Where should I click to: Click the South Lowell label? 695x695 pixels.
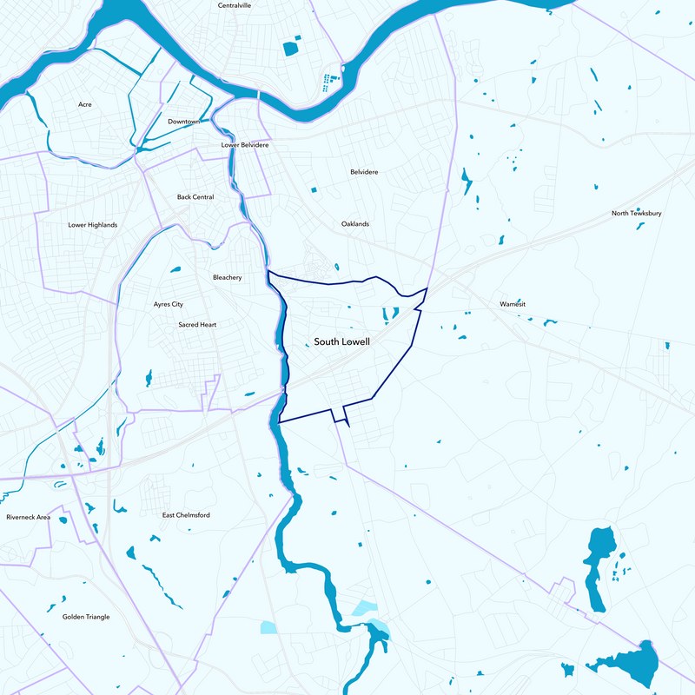pyautogui.click(x=341, y=342)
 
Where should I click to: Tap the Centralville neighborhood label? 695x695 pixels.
pyautogui.click(x=235, y=5)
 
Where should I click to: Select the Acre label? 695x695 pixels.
pyautogui.click(x=84, y=104)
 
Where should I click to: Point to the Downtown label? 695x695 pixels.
pyautogui.click(x=184, y=122)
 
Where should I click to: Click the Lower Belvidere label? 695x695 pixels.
pyautogui.click(x=245, y=145)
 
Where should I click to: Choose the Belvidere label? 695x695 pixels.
pyautogui.click(x=364, y=172)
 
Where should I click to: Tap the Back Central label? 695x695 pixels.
pyautogui.click(x=195, y=197)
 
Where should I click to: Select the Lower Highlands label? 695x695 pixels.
pyautogui.click(x=92, y=225)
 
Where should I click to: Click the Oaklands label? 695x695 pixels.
pyautogui.click(x=354, y=224)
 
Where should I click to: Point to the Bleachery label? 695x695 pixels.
pyautogui.click(x=227, y=278)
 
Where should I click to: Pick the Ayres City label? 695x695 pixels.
pyautogui.click(x=169, y=305)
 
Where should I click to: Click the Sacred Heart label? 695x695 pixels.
pyautogui.click(x=197, y=325)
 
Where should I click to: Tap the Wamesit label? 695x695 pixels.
pyautogui.click(x=513, y=304)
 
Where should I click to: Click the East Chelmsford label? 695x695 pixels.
pyautogui.click(x=186, y=515)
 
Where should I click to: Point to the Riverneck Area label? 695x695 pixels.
pyautogui.click(x=29, y=518)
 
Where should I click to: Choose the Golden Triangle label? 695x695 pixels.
pyautogui.click(x=86, y=617)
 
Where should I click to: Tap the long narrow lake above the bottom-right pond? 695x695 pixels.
pyautogui.click(x=599, y=565)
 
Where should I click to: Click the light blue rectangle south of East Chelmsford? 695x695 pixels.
pyautogui.click(x=269, y=627)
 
